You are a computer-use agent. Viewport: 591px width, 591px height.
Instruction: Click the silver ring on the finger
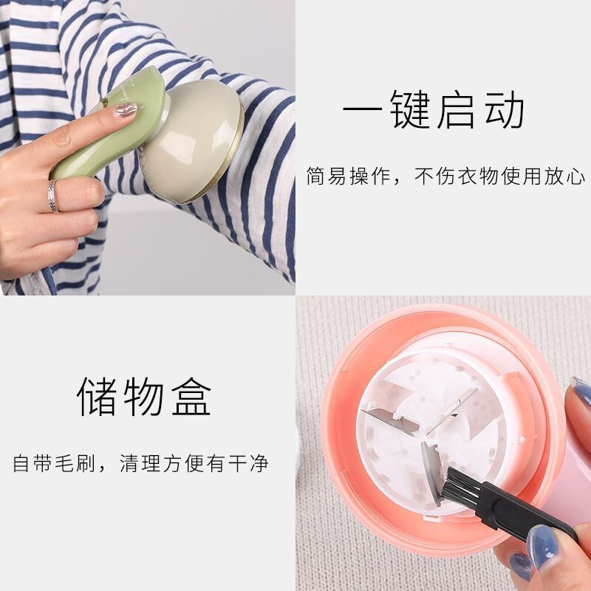click(x=52, y=196)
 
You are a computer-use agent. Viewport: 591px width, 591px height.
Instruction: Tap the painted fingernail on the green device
click(x=126, y=109)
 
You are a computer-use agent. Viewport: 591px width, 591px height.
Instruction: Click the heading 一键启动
click(x=434, y=109)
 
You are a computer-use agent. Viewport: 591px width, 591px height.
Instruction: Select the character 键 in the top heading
click(x=410, y=109)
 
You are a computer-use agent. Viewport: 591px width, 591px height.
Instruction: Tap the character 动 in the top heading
click(x=505, y=109)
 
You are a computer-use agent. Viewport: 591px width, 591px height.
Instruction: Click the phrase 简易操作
click(x=348, y=176)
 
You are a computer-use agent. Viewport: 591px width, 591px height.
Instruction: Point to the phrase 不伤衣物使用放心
click(x=499, y=176)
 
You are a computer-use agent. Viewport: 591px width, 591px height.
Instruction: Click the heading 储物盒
click(x=144, y=396)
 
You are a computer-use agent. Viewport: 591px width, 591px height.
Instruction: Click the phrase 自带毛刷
click(x=54, y=463)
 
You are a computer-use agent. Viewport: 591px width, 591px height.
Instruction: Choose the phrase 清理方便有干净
click(x=194, y=463)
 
